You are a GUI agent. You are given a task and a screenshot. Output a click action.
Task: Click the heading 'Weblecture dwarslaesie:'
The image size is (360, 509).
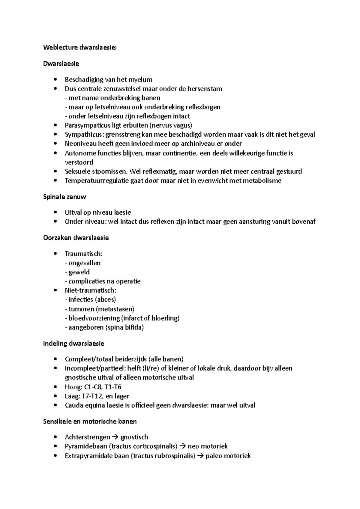click(x=79, y=47)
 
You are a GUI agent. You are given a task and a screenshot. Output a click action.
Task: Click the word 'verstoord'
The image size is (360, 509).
click(x=79, y=162)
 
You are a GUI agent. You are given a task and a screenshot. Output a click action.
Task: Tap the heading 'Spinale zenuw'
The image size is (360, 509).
click(x=64, y=197)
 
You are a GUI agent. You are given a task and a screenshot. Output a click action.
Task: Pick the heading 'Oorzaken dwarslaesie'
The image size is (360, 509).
click(x=76, y=238)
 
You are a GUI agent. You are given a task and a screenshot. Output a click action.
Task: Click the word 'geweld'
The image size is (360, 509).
click(x=79, y=272)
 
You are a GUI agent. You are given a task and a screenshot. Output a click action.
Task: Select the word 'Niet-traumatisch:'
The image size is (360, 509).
click(x=90, y=290)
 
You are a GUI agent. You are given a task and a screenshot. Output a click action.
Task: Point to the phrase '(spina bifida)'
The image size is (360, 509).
click(x=124, y=327)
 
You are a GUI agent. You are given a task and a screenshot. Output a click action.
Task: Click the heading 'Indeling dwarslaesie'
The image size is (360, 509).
click(x=74, y=344)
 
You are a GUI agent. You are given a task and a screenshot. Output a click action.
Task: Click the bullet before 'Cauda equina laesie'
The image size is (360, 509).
click(x=54, y=406)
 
